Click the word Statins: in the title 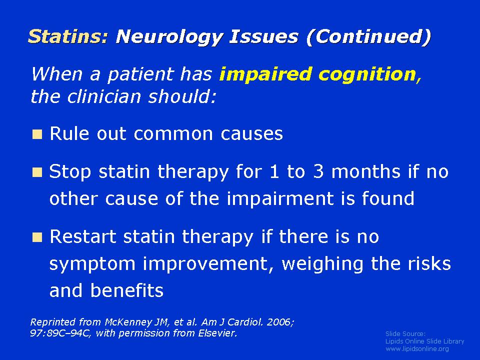coord(68,36)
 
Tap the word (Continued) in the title coord(368,37)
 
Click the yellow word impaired coord(265,74)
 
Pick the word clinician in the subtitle coord(104,96)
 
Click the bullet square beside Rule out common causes coord(37,134)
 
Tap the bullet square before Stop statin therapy coord(37,172)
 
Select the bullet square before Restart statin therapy coord(37,237)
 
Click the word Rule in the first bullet coord(69,134)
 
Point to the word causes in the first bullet coord(251,134)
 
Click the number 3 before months coord(318,171)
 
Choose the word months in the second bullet coord(366,171)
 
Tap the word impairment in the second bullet coord(280,199)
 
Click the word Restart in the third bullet coord(83,236)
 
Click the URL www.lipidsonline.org coord(417,348)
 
